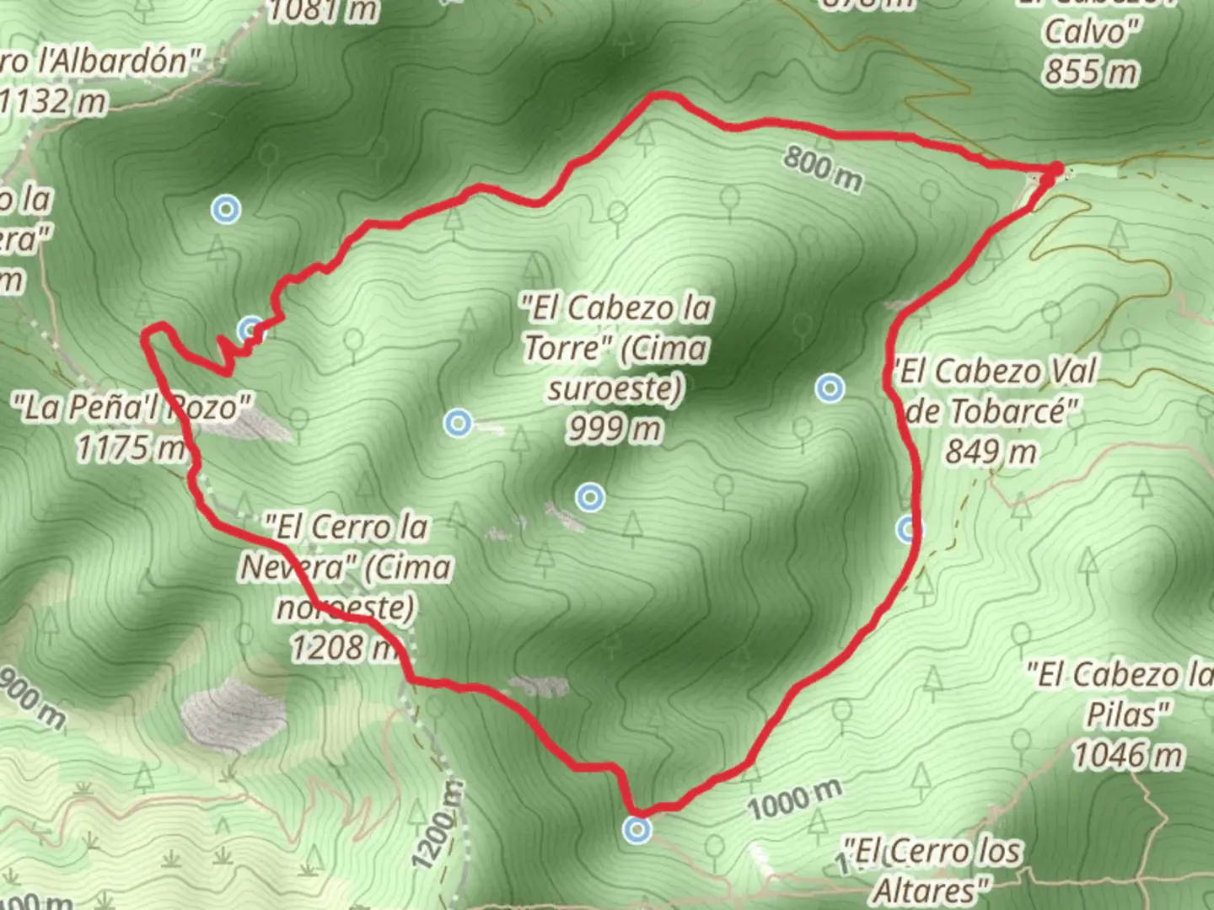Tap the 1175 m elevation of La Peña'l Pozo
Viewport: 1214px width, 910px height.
point(131,447)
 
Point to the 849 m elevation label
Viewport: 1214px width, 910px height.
point(990,452)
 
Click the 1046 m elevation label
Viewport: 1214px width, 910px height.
point(1127,755)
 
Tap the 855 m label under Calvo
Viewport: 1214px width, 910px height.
point(1090,72)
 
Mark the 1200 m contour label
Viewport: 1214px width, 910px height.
point(439,827)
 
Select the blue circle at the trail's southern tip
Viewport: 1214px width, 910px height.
point(637,830)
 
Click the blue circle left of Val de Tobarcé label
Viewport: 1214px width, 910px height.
point(830,388)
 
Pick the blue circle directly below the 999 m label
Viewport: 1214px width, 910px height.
point(590,497)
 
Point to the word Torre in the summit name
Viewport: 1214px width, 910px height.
point(568,347)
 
